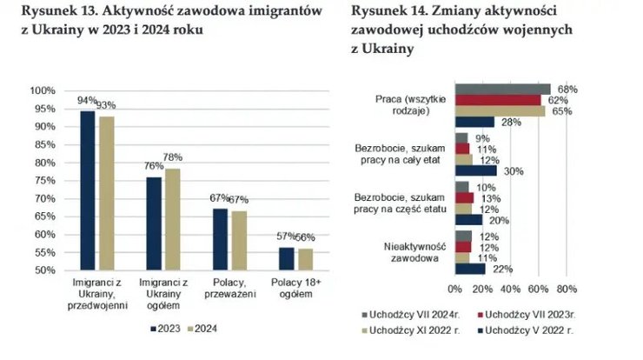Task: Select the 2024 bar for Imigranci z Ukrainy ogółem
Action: [172, 218]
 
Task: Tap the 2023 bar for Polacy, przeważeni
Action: [221, 239]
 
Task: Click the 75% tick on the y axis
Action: [44, 180]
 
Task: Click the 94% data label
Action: [87, 101]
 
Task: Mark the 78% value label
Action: [174, 157]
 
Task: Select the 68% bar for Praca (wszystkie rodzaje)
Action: [502, 89]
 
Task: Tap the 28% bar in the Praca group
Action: [474, 123]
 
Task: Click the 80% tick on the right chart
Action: [566, 289]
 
